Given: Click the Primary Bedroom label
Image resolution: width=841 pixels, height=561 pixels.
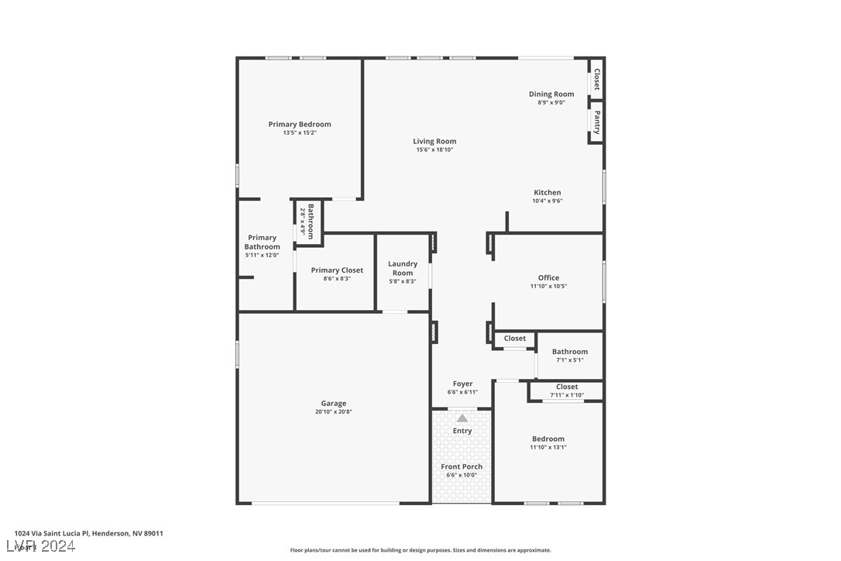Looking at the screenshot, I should (300, 124).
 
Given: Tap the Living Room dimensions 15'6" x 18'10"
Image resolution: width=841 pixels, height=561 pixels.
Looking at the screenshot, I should (434, 150).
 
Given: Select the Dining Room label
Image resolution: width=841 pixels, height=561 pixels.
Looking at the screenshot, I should (551, 95).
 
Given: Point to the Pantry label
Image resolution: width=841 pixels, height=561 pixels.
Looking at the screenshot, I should (597, 122).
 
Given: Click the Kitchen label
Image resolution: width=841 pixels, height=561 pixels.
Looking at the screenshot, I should (548, 192).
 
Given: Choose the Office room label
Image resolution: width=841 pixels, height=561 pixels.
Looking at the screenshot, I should (548, 277).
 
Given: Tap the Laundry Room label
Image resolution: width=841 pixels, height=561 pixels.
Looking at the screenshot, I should (403, 268).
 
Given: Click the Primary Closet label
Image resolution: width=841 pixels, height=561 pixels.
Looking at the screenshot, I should (337, 270).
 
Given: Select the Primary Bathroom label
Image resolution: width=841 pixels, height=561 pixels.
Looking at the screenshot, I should (263, 242).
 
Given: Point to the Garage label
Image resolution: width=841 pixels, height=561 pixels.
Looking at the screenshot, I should (334, 403).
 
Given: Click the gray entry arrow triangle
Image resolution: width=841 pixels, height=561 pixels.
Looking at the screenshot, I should (462, 418).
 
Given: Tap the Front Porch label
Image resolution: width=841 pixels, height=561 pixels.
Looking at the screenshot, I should (462, 466).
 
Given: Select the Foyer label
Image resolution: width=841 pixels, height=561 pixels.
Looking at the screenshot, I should (462, 384).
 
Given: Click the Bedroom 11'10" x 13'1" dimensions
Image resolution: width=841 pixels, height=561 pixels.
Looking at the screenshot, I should (548, 447).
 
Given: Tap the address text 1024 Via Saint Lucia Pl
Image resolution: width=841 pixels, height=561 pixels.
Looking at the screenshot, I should (88, 533).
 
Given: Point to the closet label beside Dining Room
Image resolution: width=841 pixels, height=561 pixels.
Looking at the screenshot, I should (596, 79).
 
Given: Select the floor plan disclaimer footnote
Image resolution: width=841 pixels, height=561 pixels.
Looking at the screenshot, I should (420, 550).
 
